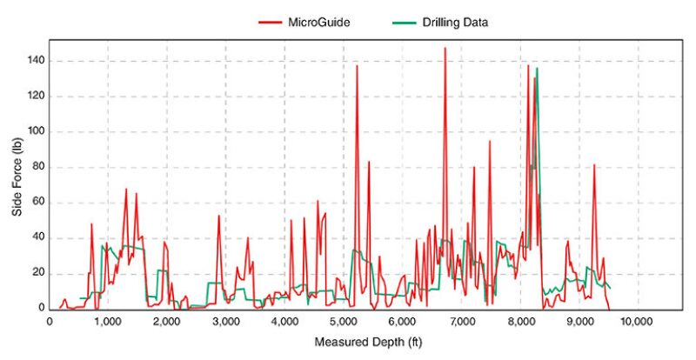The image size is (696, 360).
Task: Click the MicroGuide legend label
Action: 320,23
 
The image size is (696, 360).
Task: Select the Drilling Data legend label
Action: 452,23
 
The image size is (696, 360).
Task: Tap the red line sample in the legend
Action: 271,23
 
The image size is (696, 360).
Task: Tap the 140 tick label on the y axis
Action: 36,61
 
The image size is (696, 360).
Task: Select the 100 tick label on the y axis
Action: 36,132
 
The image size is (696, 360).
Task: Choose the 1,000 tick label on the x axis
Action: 107,322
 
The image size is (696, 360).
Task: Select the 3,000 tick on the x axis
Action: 225,322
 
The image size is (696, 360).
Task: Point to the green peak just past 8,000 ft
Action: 537,69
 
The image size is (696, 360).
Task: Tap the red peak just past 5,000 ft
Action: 357,66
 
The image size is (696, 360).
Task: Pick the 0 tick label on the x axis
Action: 50,322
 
